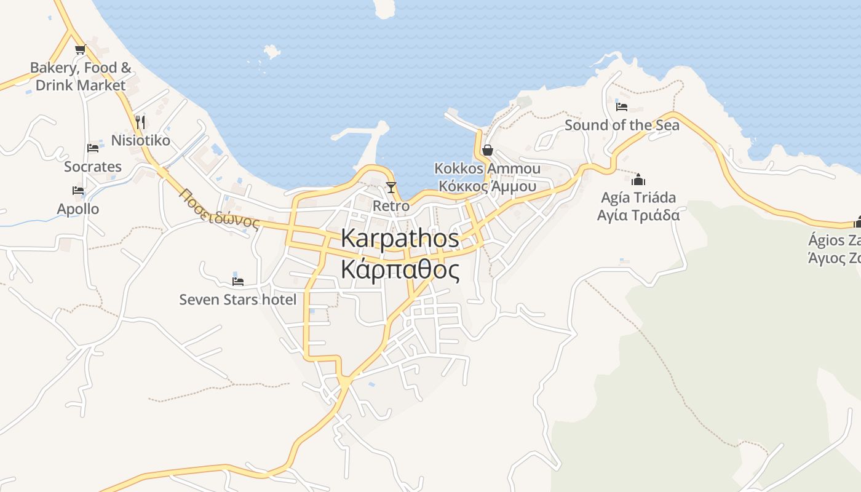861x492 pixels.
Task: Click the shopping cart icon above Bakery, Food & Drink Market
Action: [x=79, y=50]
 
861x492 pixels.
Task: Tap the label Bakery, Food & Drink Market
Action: [x=81, y=76]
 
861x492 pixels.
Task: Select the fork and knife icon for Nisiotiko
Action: [x=140, y=122]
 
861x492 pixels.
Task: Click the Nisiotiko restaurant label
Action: [x=140, y=140]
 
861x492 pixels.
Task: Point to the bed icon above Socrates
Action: [x=93, y=148]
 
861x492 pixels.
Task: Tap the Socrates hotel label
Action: [x=93, y=167]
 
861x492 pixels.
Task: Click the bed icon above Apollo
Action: [x=78, y=191]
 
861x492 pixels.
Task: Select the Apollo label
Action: [x=78, y=209]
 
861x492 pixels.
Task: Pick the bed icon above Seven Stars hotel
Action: [x=238, y=281]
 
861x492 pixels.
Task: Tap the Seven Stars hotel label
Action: [x=237, y=300]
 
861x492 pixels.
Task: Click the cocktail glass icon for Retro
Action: [x=391, y=188]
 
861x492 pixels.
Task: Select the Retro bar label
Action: [x=391, y=206]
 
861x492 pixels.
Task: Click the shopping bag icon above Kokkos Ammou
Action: [x=488, y=150]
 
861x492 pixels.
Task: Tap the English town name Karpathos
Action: [x=400, y=238]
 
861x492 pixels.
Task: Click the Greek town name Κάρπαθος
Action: [x=400, y=269]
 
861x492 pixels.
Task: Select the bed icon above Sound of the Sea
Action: [x=622, y=106]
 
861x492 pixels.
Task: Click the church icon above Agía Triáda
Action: [x=638, y=180]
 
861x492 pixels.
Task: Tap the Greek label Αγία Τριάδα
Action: [x=638, y=215]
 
